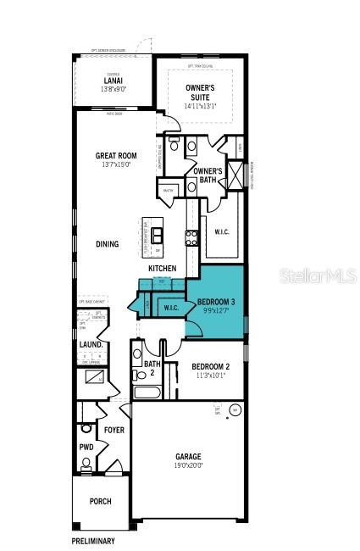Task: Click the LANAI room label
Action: click(113, 81)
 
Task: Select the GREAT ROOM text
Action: click(117, 156)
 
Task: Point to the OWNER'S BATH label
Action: click(208, 175)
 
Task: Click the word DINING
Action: click(107, 244)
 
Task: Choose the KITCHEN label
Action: click(163, 269)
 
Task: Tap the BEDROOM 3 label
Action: click(217, 303)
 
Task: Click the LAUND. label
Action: click(91, 345)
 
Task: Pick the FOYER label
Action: click(114, 431)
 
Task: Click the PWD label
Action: click(86, 447)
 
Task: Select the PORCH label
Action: click(101, 501)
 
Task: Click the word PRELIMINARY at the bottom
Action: click(92, 540)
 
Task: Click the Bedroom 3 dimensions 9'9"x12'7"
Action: click(217, 311)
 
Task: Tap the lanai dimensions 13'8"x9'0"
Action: click(113, 89)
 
